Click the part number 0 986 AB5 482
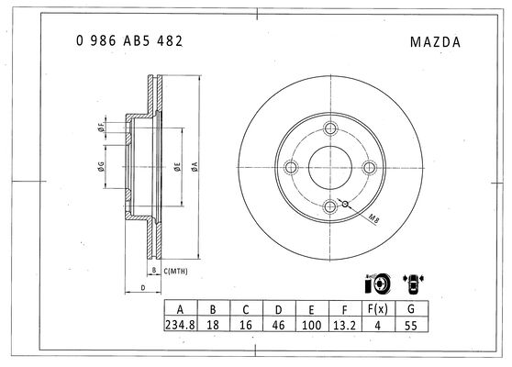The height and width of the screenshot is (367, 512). click(x=129, y=41)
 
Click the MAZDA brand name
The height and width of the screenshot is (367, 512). click(x=435, y=42)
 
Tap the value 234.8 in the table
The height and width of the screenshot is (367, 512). click(x=180, y=325)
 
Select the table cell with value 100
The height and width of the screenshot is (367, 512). click(x=311, y=325)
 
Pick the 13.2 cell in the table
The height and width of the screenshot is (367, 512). click(x=344, y=325)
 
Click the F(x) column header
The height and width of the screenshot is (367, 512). click(x=378, y=308)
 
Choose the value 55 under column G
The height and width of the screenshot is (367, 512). click(x=411, y=326)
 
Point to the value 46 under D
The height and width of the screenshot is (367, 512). click(x=279, y=325)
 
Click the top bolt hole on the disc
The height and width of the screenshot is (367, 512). click(x=330, y=128)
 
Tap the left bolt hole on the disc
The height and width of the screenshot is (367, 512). click(x=291, y=168)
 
